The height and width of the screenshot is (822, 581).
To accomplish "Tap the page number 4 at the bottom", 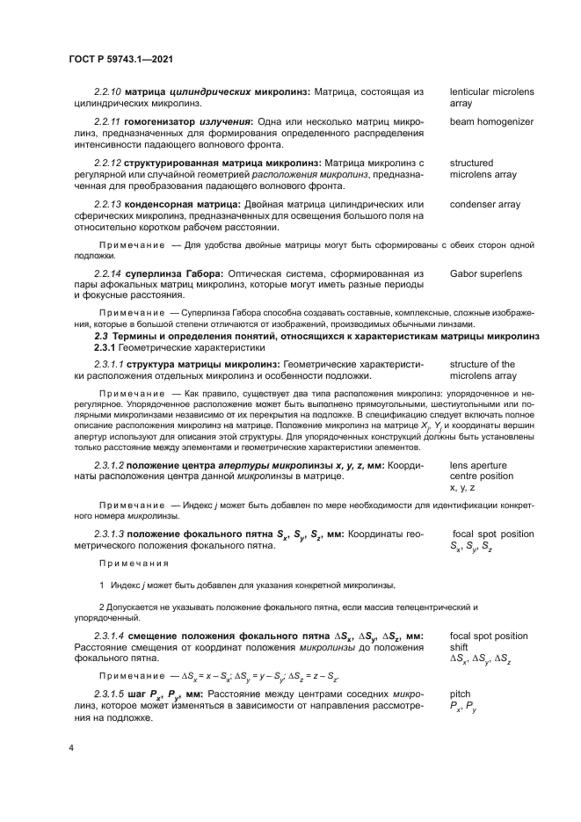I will tap(70, 749).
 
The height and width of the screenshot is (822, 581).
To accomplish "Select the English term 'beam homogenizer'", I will tap(491, 122).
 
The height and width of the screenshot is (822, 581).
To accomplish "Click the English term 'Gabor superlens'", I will tap(486, 274).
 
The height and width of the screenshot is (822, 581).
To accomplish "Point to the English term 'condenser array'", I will tap(485, 205).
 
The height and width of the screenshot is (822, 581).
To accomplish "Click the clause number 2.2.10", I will tap(107, 91).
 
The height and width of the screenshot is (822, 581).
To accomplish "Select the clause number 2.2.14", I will tap(107, 274).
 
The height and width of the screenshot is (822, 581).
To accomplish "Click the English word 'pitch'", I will tap(460, 694).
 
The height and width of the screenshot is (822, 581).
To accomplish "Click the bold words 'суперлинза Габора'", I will tap(164, 274).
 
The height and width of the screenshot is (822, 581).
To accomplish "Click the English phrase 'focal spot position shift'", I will tap(489, 641).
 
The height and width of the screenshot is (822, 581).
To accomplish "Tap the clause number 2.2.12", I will tap(107, 163).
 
